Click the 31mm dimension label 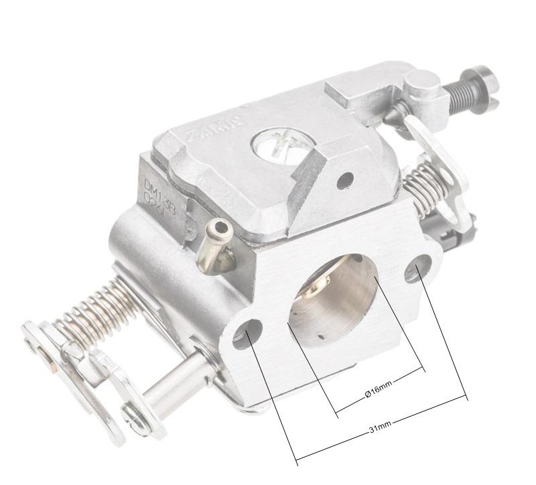tap(380, 427)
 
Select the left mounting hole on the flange tap(248, 333)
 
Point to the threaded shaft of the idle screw tap(459, 94)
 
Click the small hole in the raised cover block tap(345, 180)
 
